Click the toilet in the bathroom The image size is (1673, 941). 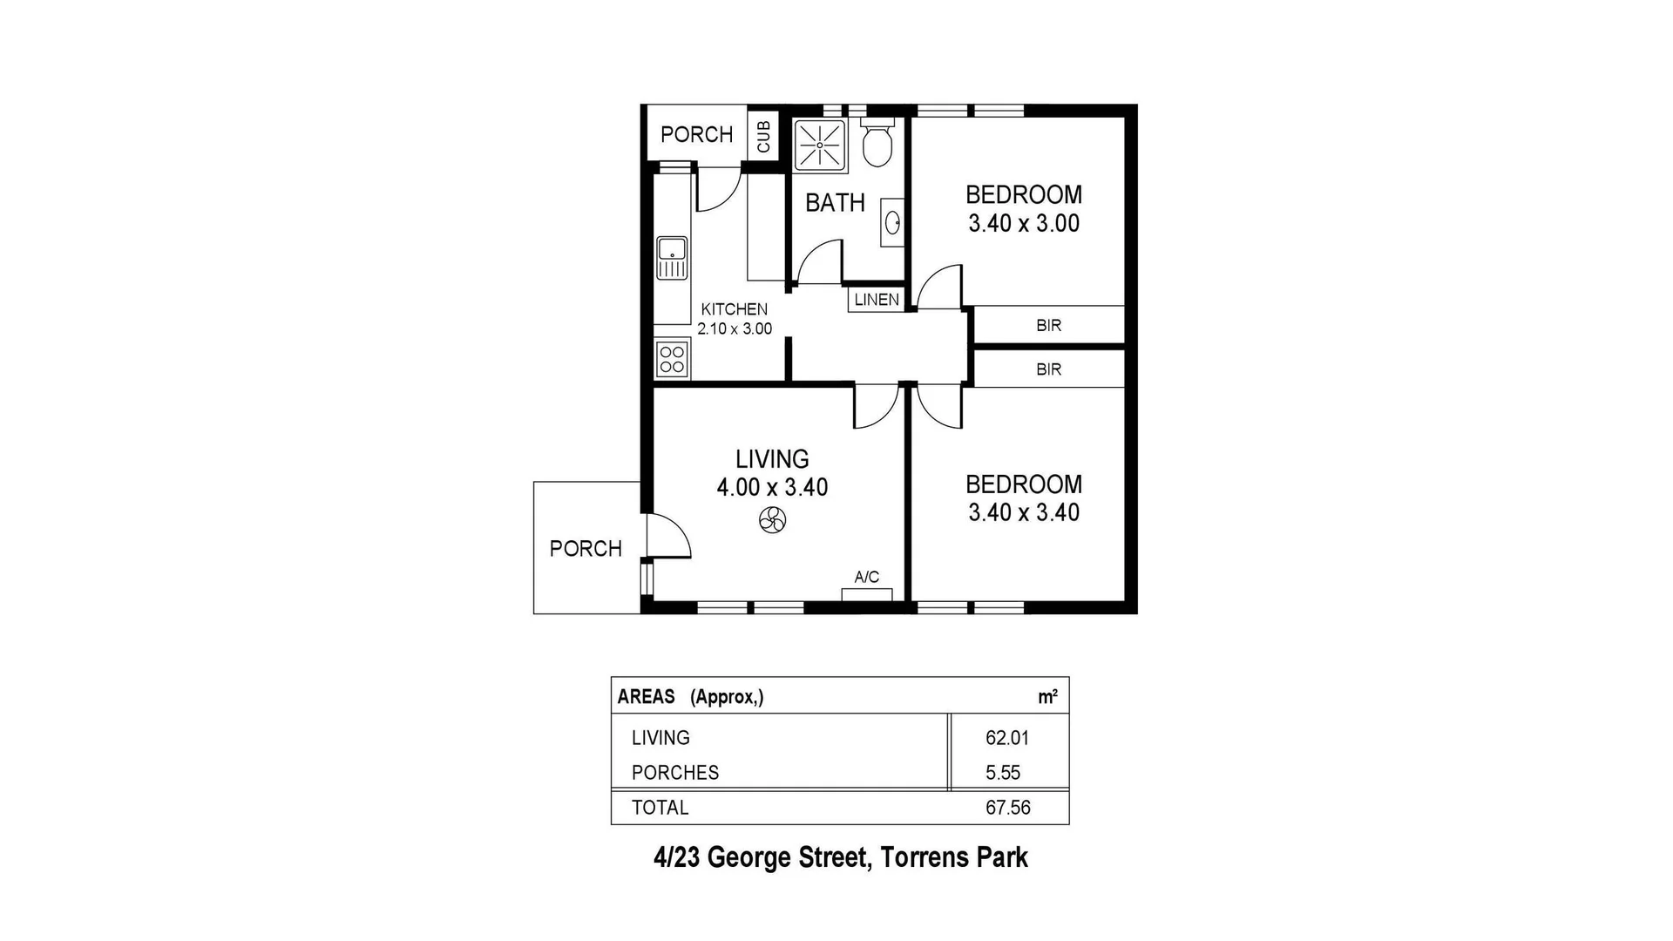point(877,144)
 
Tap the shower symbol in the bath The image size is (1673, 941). point(820,145)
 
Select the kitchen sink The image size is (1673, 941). point(672,258)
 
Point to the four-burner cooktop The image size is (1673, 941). point(672,359)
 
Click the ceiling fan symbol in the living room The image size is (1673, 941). point(772,521)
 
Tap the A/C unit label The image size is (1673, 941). point(866,577)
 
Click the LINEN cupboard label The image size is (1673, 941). point(877,300)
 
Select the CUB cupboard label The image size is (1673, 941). point(763,137)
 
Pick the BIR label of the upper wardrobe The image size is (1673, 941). point(1048,325)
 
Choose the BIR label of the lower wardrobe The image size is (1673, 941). point(1048,369)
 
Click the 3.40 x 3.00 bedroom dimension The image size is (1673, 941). point(1024,224)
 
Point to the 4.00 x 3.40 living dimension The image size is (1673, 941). point(772,487)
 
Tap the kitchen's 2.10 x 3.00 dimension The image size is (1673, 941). point(735,329)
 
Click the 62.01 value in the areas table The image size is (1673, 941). point(1007,738)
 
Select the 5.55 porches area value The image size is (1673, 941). point(1003,773)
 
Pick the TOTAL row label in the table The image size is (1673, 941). point(660,808)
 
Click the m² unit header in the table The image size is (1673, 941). point(1047,697)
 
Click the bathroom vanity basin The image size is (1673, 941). point(892,223)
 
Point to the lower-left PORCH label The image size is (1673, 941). point(586,549)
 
